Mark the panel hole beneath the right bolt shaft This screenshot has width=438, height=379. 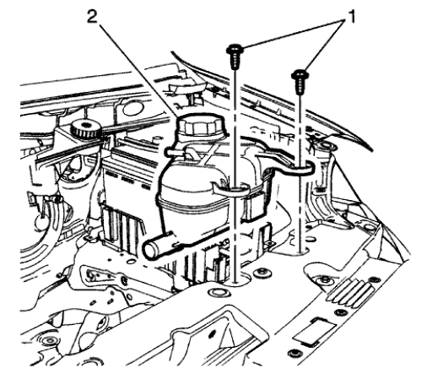click(x=301, y=250)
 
